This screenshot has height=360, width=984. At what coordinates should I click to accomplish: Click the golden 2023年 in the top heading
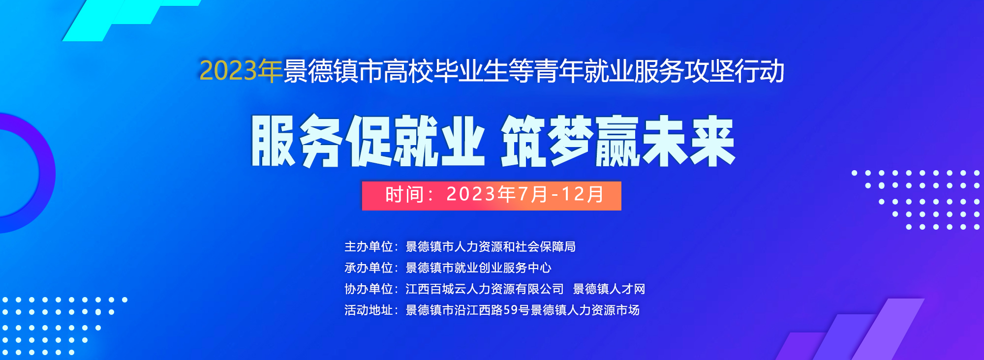click(241, 71)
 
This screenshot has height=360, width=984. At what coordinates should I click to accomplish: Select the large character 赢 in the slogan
click(617, 141)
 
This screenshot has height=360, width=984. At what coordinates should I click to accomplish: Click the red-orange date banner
click(492, 196)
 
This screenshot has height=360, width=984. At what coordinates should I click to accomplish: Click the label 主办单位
click(369, 246)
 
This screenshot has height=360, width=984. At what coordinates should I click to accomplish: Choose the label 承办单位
click(369, 268)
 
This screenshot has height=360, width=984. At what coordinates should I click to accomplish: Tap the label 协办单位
click(369, 289)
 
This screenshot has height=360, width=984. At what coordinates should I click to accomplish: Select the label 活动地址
click(369, 310)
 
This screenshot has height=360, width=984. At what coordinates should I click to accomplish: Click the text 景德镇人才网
click(609, 289)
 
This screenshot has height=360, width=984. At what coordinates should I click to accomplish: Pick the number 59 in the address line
click(510, 310)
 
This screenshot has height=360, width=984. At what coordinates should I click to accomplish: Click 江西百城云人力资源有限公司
click(485, 289)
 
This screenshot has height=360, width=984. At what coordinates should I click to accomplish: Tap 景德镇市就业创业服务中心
click(478, 268)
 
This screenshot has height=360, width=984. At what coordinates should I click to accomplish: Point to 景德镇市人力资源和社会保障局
click(491, 246)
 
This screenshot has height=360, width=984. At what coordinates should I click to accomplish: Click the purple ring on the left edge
click(47, 173)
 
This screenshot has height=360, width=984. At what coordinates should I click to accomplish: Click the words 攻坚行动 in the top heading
click(735, 71)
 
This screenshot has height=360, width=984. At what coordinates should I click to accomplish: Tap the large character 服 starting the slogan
click(274, 141)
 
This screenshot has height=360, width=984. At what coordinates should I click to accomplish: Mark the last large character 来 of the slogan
click(712, 141)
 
